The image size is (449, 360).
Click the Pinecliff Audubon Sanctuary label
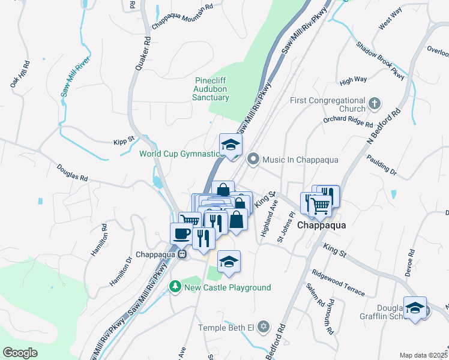212,89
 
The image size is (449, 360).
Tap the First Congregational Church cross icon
375,103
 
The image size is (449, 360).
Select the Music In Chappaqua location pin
253,160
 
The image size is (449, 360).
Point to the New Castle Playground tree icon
175,287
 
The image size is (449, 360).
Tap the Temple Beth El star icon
262,328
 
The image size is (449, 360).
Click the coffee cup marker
182,233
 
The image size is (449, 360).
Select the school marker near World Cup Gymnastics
231,145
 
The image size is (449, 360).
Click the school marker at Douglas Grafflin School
415,308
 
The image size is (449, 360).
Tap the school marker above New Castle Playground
229,262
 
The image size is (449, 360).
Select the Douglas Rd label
73,173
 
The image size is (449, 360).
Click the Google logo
20,353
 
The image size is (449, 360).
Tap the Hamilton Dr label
120,271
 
